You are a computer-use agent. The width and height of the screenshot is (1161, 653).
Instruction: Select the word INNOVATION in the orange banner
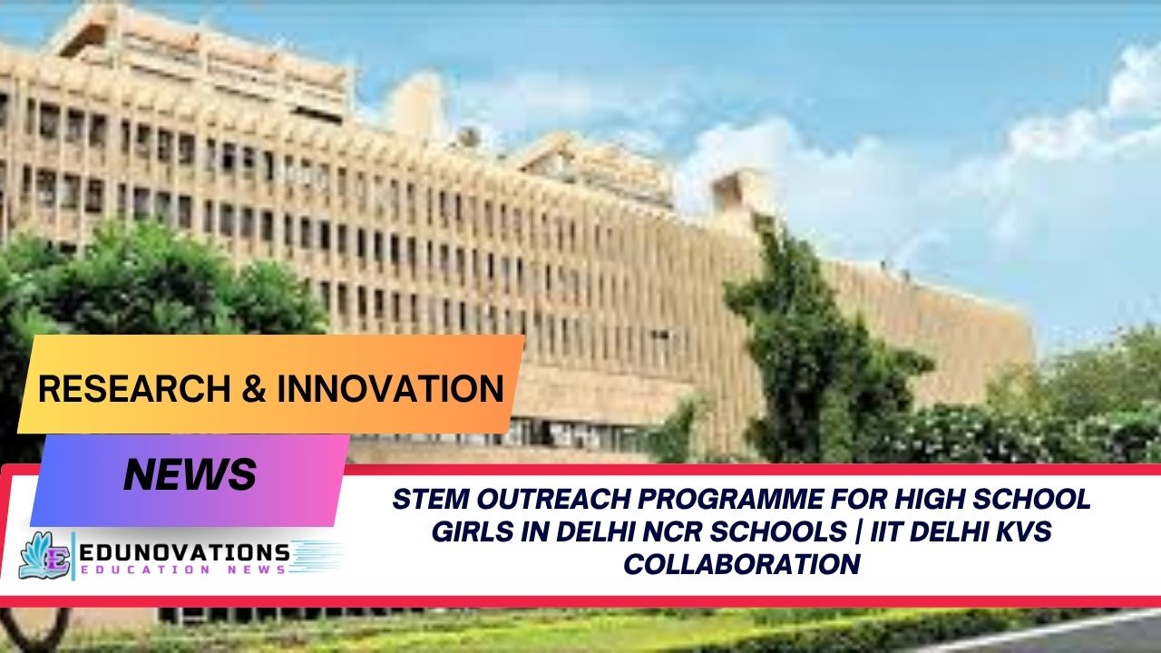coord(390,389)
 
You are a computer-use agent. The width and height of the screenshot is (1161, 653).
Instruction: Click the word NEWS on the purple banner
coord(190,474)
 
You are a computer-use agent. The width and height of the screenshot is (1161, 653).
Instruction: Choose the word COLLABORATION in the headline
coord(741,564)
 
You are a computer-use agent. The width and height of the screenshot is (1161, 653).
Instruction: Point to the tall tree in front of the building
coord(798,345)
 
